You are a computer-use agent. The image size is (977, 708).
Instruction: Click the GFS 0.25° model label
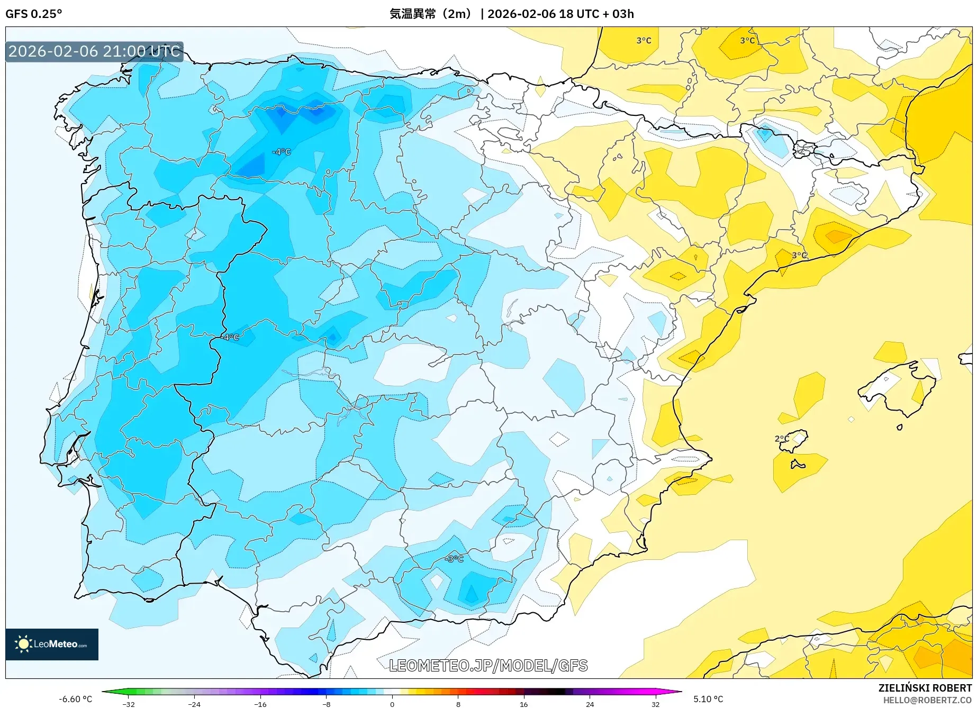[x=34, y=14]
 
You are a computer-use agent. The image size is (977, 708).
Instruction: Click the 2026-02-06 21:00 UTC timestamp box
[x=94, y=51]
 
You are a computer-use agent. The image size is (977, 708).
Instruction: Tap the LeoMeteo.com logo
[x=52, y=644]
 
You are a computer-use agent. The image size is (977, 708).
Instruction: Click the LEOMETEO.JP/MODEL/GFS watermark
[x=488, y=665]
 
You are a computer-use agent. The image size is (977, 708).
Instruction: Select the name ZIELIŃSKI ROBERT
[x=925, y=688]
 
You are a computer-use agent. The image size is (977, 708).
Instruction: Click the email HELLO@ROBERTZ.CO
[x=927, y=700]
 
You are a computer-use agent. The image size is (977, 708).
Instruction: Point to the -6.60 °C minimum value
[x=75, y=699]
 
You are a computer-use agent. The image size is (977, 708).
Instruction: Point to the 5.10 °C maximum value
[x=708, y=699]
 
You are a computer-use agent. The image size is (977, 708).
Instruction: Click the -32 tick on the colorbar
[x=129, y=704]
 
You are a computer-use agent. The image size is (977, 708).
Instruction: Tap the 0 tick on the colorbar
[x=392, y=704]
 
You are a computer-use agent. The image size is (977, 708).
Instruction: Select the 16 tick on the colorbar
[x=523, y=704]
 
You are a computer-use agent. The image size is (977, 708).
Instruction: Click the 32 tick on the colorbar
[x=655, y=704]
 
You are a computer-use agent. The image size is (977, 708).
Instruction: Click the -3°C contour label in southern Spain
[x=454, y=559]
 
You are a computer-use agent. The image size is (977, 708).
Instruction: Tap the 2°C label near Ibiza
[x=782, y=439]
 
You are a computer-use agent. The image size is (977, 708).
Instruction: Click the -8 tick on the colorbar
[x=327, y=704]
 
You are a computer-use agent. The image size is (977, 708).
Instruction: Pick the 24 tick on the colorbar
[x=590, y=704]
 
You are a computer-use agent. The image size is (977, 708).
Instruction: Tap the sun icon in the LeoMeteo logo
[x=23, y=644]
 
